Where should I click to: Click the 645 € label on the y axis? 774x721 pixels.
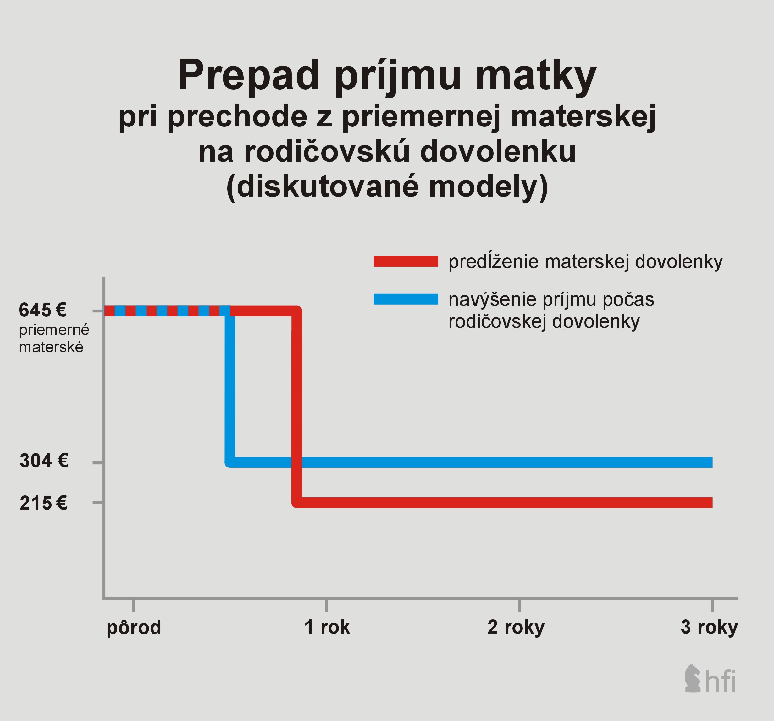coord(43,310)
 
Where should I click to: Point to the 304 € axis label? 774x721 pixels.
coord(44,461)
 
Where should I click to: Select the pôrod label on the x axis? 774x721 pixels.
coord(134,628)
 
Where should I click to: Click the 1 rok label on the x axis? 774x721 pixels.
coord(327,627)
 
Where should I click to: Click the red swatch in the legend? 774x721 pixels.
coord(406,261)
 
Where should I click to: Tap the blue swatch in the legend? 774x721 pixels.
coord(406,299)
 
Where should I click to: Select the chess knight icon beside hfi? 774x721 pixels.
coord(692,679)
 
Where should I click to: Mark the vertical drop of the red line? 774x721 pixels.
coord(297,407)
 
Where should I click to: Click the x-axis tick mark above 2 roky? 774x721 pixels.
coord(519,605)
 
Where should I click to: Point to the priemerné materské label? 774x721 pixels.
coord(54,338)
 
